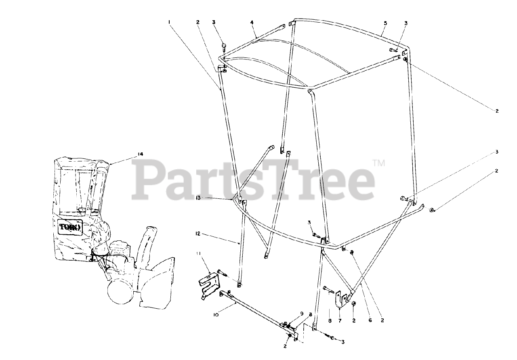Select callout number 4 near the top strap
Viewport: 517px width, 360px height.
(252, 23)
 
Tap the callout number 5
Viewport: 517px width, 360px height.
(385, 23)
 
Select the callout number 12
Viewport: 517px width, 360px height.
(198, 234)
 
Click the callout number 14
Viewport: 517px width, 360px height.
(140, 154)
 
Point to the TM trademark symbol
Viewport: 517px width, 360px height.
(378, 163)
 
